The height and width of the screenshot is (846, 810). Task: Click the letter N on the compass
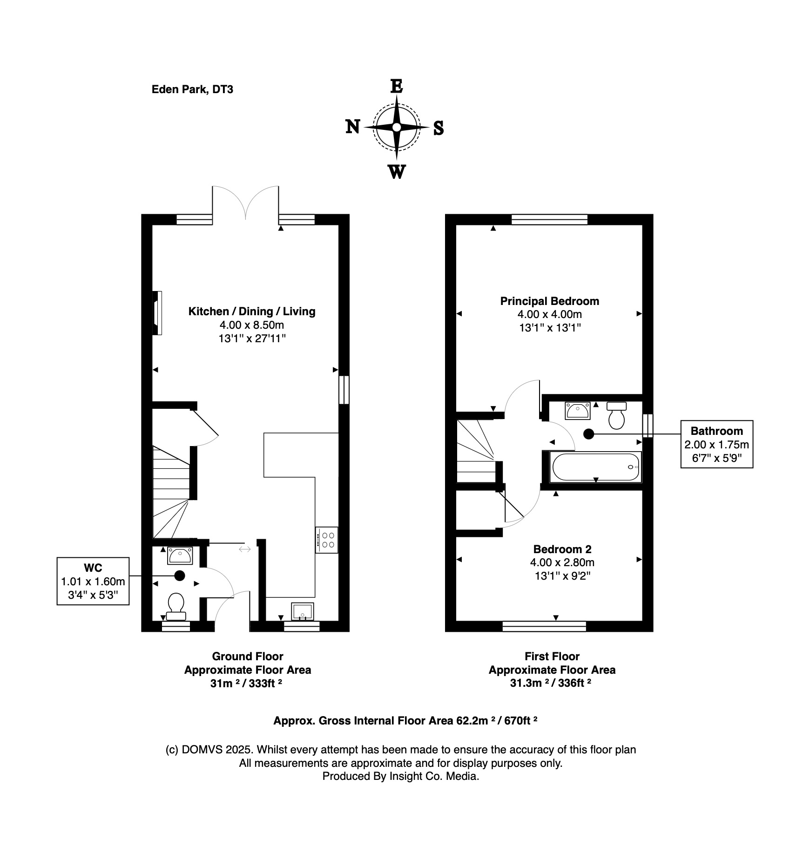point(353,127)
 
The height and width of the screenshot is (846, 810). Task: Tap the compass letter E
point(396,87)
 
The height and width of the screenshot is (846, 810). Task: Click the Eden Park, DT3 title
point(192,89)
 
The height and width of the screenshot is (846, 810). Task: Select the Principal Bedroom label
point(549,301)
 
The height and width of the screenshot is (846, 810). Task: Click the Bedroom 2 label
point(562,549)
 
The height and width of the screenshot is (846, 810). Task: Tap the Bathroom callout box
point(716,444)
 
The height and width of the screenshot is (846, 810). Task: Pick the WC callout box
point(93,581)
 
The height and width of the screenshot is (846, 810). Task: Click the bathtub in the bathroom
point(595,467)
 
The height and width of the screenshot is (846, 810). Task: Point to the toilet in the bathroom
point(616,416)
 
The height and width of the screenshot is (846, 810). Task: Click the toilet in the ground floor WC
point(176,606)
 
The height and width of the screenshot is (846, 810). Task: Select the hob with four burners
point(327,540)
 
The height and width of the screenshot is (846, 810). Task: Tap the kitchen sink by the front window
point(302,611)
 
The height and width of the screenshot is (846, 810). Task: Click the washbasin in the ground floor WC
point(180,555)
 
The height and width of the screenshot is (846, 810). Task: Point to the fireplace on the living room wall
point(157,313)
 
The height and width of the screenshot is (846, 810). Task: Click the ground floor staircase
point(171,494)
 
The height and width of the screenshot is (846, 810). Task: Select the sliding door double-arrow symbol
point(245,549)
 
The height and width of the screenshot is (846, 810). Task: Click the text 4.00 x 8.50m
point(252,325)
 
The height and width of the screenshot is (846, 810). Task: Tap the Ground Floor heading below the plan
point(247,656)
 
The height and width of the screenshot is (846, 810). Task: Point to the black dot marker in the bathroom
point(589,434)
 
